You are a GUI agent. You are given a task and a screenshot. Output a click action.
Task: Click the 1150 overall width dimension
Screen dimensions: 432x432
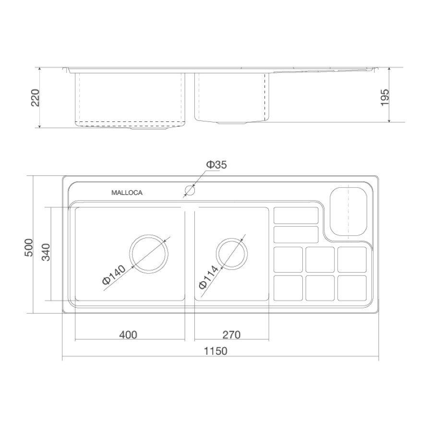tap(216, 351)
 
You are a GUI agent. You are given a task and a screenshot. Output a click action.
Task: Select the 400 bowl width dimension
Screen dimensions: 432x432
tap(128, 335)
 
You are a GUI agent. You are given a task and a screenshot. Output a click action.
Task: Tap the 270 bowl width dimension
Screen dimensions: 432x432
tap(231, 335)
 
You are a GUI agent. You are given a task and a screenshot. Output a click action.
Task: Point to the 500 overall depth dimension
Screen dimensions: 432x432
tap(29, 247)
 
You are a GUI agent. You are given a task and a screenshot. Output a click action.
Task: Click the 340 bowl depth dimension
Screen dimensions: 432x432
tap(46, 252)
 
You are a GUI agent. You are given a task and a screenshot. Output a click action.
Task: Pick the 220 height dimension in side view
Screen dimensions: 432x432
tap(35, 97)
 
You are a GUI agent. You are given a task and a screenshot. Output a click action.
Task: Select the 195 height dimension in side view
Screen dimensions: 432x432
tap(384, 97)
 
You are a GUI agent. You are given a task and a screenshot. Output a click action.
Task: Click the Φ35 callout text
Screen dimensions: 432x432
tap(216, 165)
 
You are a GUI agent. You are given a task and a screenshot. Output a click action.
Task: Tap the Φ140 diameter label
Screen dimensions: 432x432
tap(114, 275)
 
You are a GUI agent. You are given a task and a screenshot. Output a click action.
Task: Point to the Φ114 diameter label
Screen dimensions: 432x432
tap(209, 276)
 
